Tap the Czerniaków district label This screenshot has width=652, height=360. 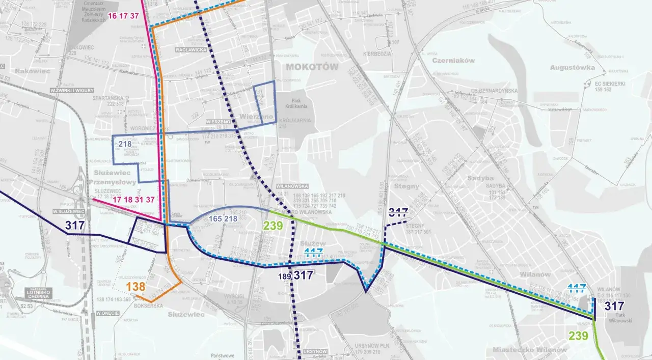click(x=453, y=60)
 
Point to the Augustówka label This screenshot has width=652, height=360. click(x=573, y=67)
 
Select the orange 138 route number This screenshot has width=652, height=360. click(x=136, y=287)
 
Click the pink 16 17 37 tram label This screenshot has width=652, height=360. click(x=123, y=16)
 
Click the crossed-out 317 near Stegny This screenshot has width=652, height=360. click(x=398, y=211)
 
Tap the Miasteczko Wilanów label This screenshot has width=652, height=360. click(x=529, y=350)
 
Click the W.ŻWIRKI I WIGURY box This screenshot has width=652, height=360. click(x=72, y=90)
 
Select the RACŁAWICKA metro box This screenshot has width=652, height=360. click(x=191, y=50)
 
